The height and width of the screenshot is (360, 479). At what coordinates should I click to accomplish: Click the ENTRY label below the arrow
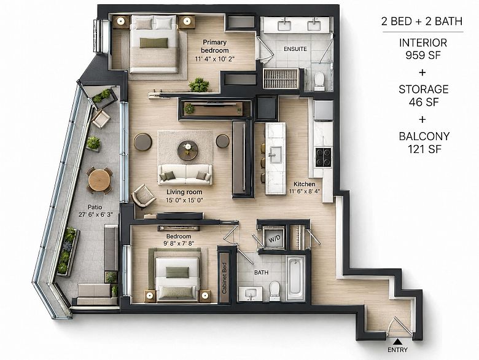tap(397, 350)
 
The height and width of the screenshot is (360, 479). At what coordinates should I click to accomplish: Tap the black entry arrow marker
tap(397, 342)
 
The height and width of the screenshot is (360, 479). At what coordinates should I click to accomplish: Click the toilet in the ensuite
tap(319, 81)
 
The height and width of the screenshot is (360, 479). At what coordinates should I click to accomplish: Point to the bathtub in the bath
tap(295, 278)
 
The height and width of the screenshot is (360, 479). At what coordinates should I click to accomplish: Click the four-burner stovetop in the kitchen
tap(323, 157)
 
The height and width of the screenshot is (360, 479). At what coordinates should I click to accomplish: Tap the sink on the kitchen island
tap(276, 154)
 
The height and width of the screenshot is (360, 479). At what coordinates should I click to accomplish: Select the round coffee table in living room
tap(187, 151)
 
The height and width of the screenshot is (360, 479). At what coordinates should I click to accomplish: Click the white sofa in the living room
tap(185, 174)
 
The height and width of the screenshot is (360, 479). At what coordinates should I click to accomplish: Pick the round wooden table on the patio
tap(99, 180)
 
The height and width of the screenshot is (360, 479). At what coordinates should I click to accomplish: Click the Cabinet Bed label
tap(225, 278)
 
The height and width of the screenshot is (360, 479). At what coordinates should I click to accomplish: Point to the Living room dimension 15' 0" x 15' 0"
tap(184, 200)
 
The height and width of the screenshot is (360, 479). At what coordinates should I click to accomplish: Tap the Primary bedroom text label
tap(215, 46)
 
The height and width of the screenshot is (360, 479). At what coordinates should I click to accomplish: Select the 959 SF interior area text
tap(423, 55)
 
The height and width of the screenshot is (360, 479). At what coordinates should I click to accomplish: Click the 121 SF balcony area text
tap(424, 149)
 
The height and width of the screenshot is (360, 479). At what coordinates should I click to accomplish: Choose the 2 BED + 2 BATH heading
tap(422, 22)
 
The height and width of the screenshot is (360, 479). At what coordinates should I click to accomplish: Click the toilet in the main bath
tap(275, 291)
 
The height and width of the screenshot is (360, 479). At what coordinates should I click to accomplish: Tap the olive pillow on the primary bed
tap(154, 43)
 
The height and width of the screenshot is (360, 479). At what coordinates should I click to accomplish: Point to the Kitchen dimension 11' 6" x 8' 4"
tap(305, 192)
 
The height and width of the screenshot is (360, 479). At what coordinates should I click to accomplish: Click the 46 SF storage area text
tap(423, 102)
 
